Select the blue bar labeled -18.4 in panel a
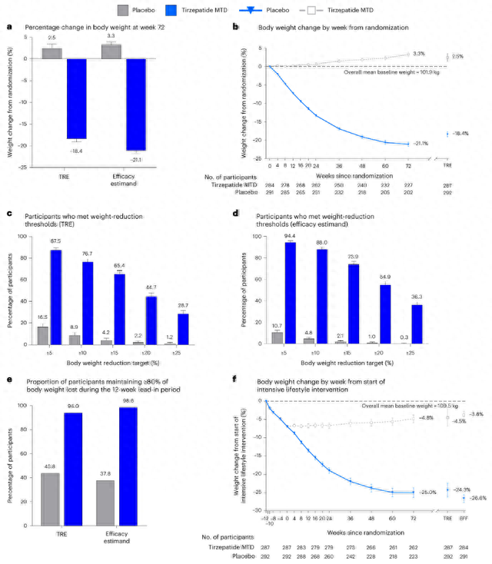(77, 99)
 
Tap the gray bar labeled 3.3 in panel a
(111, 51)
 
